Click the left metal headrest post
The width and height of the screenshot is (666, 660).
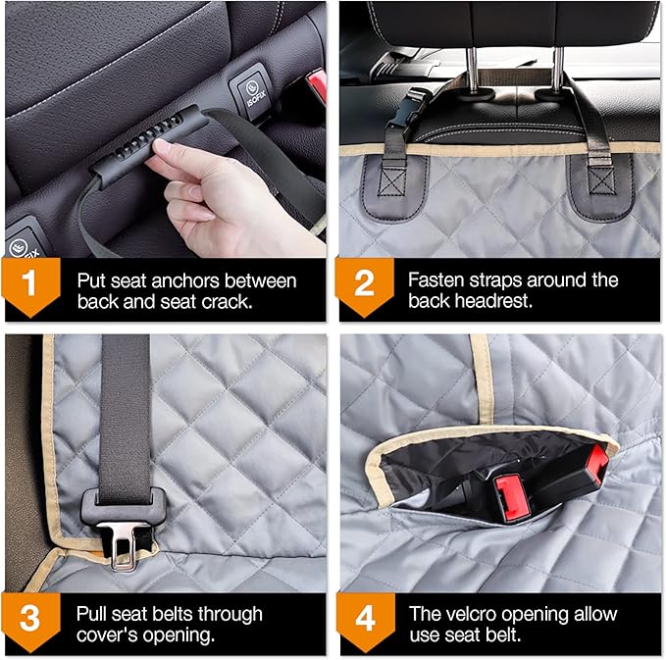pyautogui.click(x=472, y=70)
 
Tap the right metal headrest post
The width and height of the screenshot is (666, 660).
pyautogui.click(x=558, y=70)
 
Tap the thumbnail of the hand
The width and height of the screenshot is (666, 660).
pyautogui.click(x=162, y=147)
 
